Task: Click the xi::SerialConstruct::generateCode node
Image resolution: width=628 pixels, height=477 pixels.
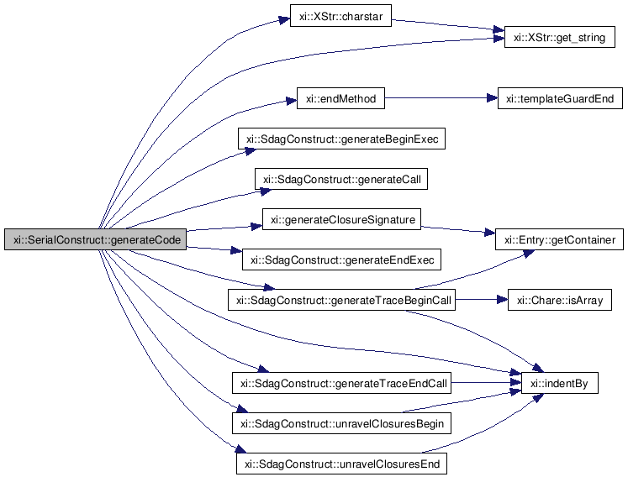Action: click(x=94, y=238)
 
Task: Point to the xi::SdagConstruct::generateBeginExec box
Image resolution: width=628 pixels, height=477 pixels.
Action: click(x=340, y=139)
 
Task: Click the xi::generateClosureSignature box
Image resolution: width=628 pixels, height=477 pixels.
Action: click(x=340, y=220)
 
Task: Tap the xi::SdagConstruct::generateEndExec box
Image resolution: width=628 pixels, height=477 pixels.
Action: click(x=340, y=260)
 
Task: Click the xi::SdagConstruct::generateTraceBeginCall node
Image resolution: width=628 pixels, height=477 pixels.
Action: click(x=341, y=301)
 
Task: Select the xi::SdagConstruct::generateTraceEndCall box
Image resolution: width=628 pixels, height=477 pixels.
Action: click(x=341, y=384)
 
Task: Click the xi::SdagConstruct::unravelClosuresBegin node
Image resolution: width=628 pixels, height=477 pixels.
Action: click(x=341, y=423)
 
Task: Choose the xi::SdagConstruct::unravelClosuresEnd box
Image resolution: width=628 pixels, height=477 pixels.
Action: click(x=340, y=464)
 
